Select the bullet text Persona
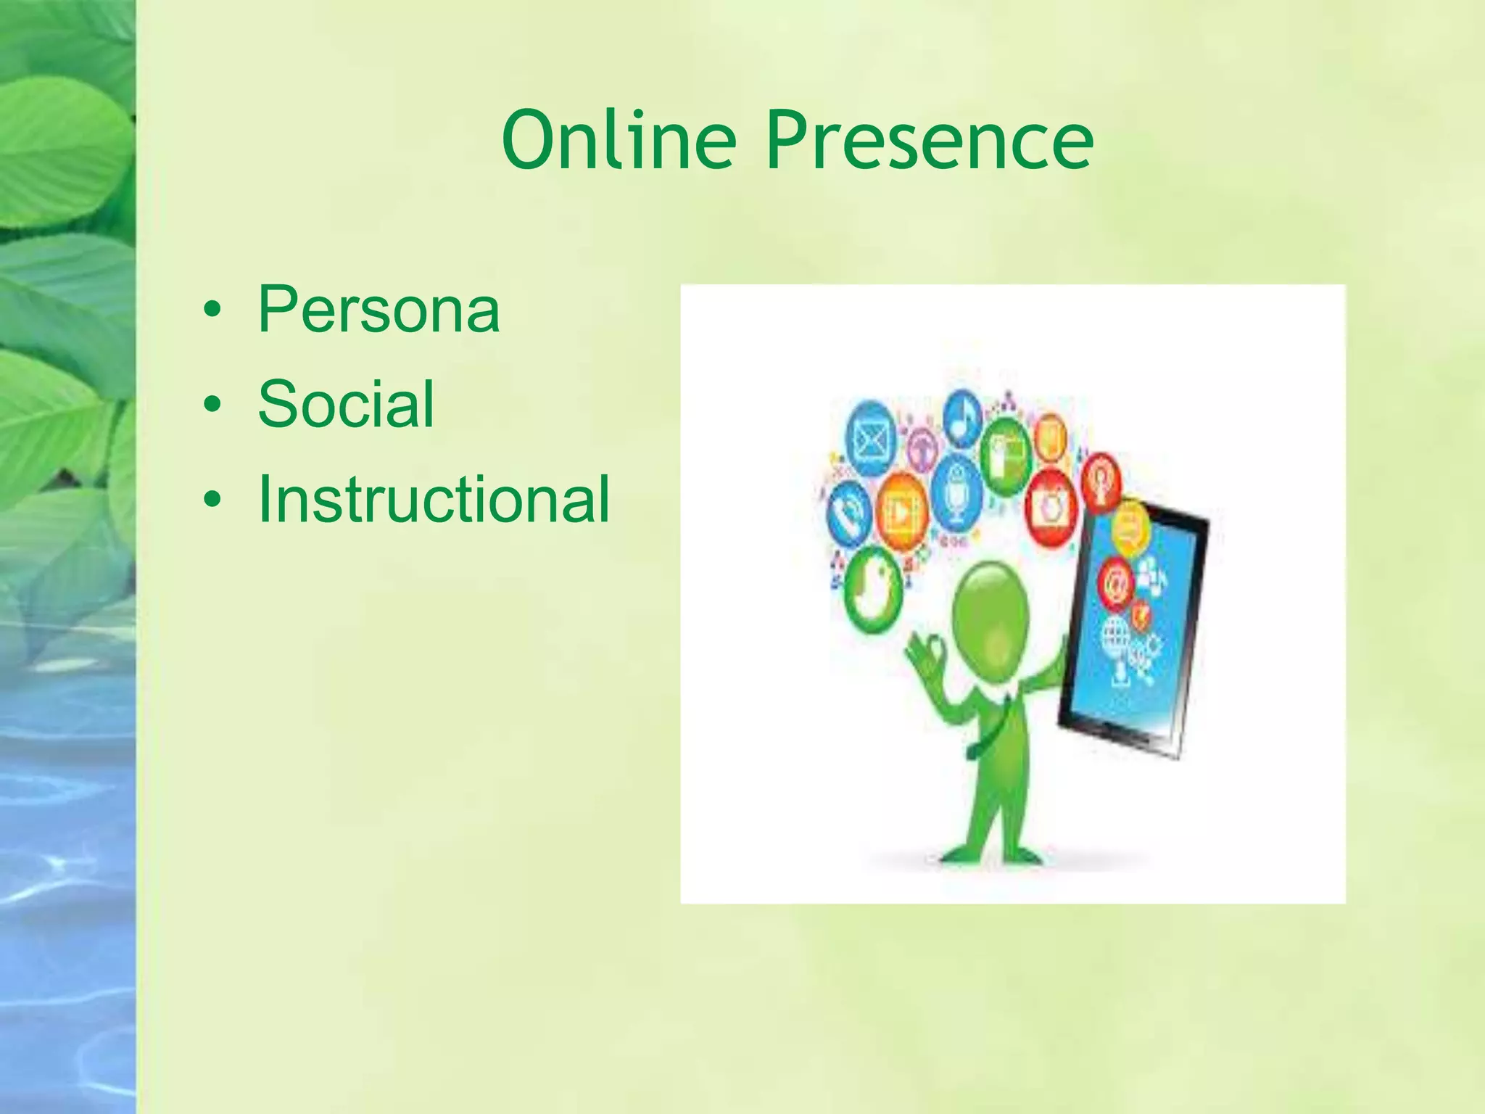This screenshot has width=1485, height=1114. (x=379, y=310)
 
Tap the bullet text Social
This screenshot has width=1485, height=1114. (x=346, y=404)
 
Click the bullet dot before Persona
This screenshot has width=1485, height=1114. (x=212, y=310)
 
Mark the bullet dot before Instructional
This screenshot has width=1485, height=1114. (x=212, y=500)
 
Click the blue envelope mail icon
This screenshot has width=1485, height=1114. (x=871, y=439)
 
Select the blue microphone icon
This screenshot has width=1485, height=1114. (x=956, y=492)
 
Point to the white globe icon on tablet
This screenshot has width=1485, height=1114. (x=1115, y=636)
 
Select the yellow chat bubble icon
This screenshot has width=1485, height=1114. (x=1130, y=527)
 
